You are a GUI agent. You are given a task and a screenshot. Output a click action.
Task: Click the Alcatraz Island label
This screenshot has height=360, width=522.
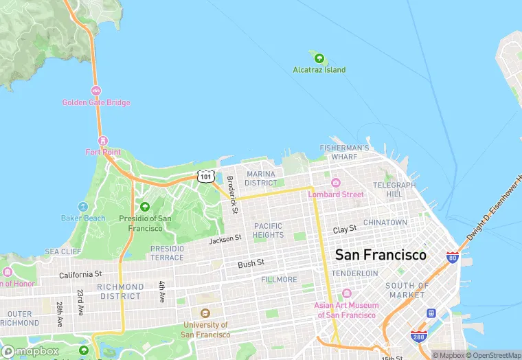[x=319, y=70]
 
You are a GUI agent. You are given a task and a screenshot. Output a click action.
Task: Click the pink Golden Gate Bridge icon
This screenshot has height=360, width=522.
[x=95, y=91]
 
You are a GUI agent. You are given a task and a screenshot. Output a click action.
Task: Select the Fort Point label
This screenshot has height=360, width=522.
[x=103, y=152]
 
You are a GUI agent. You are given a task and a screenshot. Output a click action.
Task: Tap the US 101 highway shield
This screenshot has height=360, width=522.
[x=205, y=177]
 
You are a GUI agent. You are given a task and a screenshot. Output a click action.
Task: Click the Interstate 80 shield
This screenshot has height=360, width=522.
[x=452, y=258]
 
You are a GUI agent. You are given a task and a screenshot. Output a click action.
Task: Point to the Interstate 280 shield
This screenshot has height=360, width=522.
[x=418, y=336]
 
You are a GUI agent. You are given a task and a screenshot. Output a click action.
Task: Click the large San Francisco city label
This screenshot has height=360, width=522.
[x=381, y=255]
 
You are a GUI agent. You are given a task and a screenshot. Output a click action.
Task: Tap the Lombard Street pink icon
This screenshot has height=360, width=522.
[x=336, y=183]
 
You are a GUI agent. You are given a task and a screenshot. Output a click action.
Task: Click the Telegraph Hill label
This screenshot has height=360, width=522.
[x=394, y=190]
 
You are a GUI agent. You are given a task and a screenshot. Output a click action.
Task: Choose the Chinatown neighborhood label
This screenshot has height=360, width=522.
[x=385, y=223]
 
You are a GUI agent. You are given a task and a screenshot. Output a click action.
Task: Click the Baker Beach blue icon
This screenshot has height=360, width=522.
[x=83, y=207]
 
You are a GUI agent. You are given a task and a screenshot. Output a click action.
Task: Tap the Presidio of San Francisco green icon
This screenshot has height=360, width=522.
[x=144, y=207]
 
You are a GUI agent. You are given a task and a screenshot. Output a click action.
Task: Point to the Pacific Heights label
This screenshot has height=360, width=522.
[x=268, y=230]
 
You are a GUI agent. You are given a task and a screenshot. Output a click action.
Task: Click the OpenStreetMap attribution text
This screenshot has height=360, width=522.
[x=493, y=355]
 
